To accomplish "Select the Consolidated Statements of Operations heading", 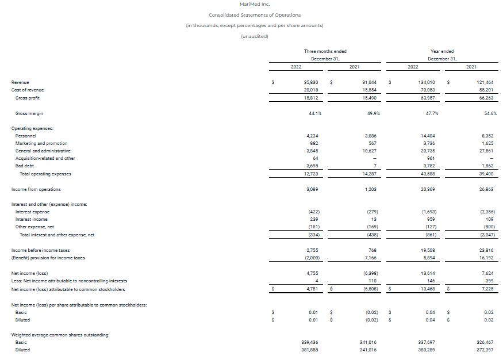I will [x=254, y=15].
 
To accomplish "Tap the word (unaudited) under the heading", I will [x=254, y=37].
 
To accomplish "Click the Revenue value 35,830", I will [x=311, y=83].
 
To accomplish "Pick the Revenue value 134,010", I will [x=425, y=83].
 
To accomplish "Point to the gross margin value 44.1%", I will [x=314, y=113].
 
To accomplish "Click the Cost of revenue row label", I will [x=28, y=90].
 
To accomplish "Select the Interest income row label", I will [x=32, y=219].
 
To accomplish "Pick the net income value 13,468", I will [x=425, y=289].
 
